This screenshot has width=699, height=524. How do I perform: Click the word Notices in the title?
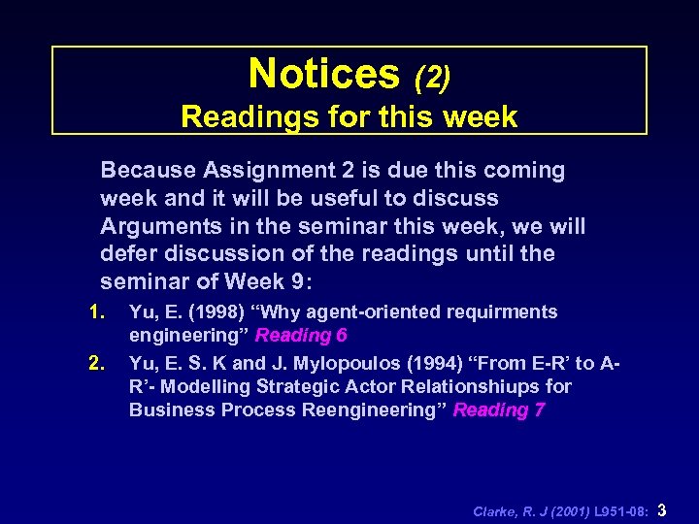(323, 74)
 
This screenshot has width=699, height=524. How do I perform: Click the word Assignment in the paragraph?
(265, 171)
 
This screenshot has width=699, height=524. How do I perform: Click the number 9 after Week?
(295, 281)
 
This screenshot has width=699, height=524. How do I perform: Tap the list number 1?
(95, 312)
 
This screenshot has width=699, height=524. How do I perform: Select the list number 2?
(95, 364)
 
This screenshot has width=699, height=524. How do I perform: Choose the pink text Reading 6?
(301, 336)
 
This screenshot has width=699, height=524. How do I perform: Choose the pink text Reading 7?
(499, 409)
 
